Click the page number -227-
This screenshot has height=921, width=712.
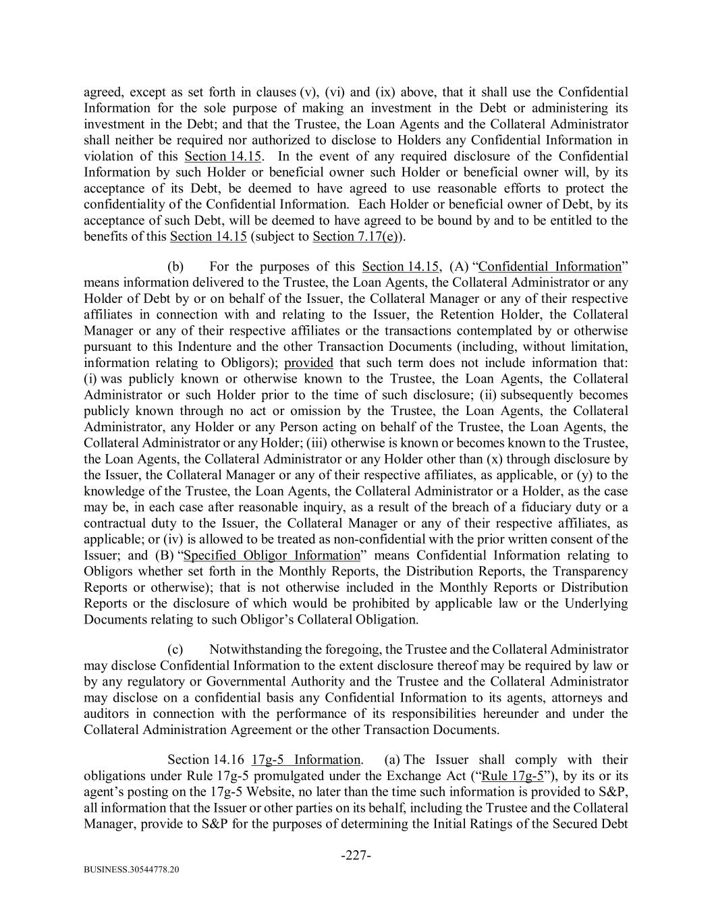(356, 856)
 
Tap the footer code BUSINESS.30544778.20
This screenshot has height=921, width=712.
(132, 870)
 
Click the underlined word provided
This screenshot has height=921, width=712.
(309, 362)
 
